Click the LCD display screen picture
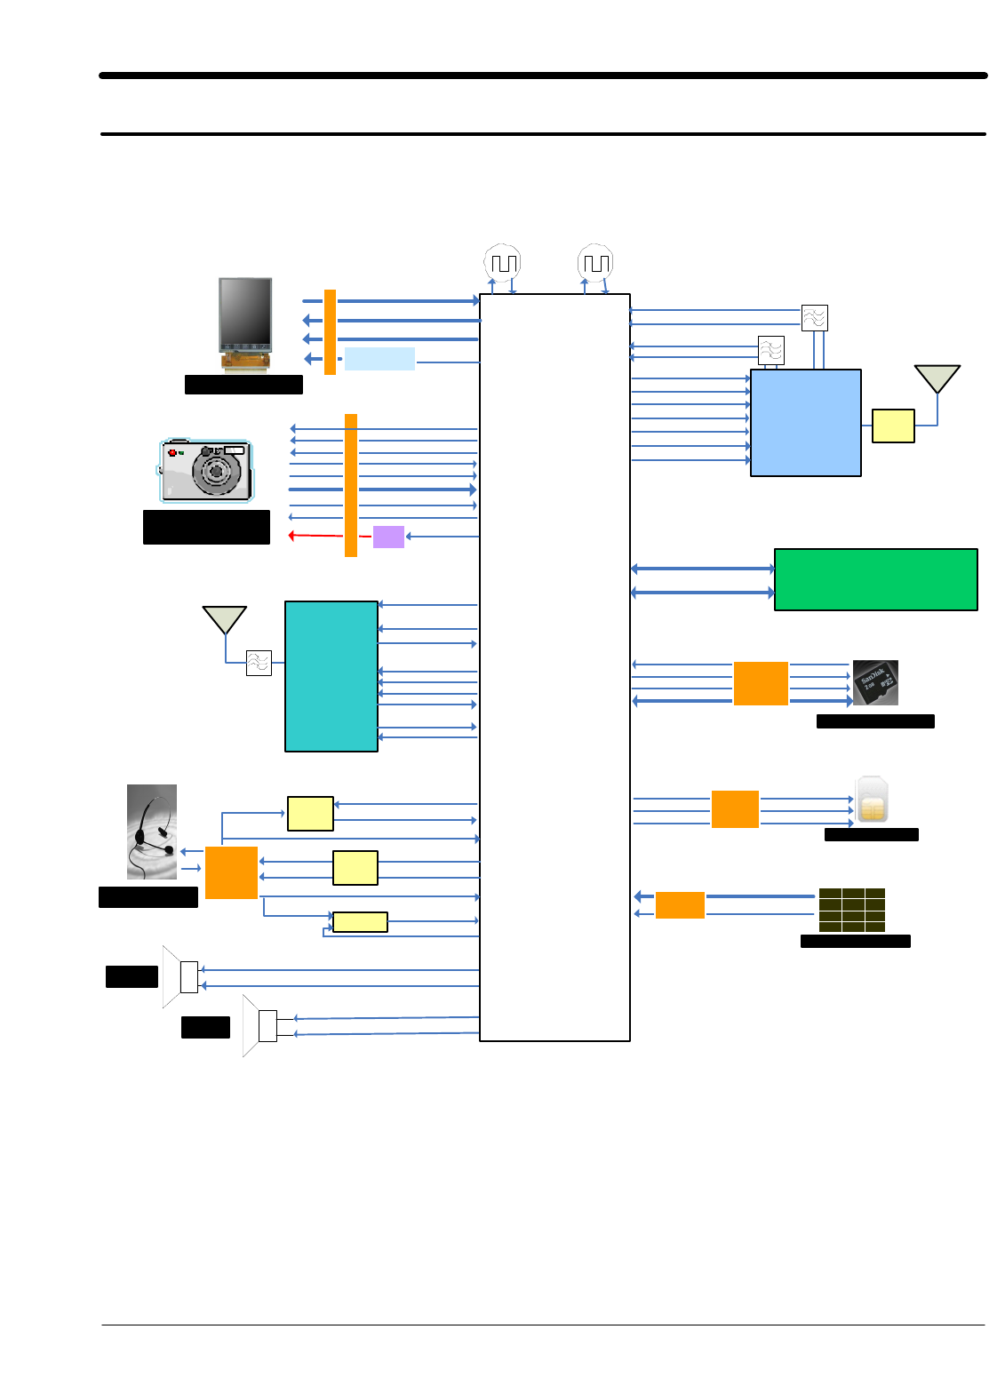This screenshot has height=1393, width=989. point(245,314)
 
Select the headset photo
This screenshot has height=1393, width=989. point(152,832)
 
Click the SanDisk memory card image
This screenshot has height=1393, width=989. point(875,682)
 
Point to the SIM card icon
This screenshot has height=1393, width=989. point(872,800)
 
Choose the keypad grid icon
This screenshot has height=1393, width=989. point(851,910)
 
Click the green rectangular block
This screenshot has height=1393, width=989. point(875,579)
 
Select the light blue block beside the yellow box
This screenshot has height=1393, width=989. point(805,423)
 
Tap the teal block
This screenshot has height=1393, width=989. point(331,676)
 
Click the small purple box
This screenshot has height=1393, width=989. point(388,537)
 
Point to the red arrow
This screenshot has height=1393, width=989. point(315,536)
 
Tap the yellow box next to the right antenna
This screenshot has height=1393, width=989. point(893,426)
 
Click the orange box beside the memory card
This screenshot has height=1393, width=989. point(761,683)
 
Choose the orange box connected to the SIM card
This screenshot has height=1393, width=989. point(735,809)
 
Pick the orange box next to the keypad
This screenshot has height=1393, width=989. point(680,904)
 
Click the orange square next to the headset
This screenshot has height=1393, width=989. point(231,872)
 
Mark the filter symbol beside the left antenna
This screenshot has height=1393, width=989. point(259,663)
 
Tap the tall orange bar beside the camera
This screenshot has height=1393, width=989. point(351,485)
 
